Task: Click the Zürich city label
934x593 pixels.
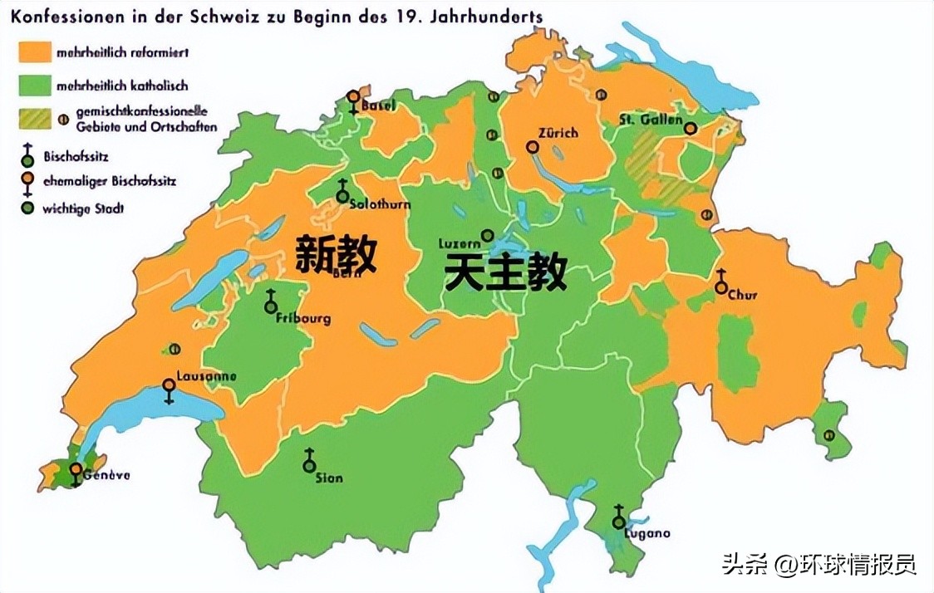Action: pyautogui.click(x=558, y=133)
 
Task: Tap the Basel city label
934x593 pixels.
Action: pyautogui.click(x=378, y=105)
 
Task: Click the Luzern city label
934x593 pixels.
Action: pyautogui.click(x=460, y=243)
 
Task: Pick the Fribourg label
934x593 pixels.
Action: pyautogui.click(x=304, y=318)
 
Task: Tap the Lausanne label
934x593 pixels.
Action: pyautogui.click(x=205, y=376)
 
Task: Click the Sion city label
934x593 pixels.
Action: pyautogui.click(x=329, y=478)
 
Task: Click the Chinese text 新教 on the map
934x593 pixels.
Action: pyautogui.click(x=337, y=252)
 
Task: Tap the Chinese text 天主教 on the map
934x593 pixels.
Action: pyautogui.click(x=505, y=272)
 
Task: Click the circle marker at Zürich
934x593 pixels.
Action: pyautogui.click(x=532, y=147)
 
